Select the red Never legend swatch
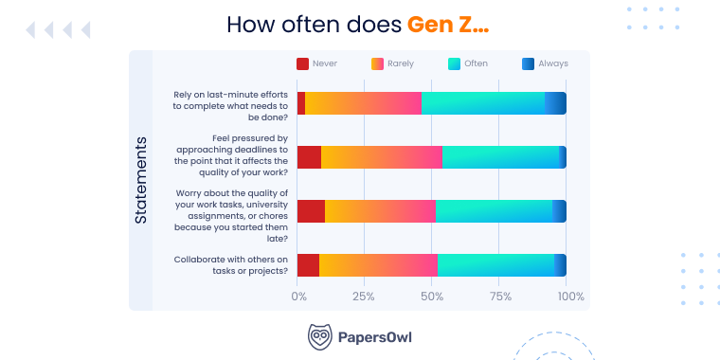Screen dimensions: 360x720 click(302, 64)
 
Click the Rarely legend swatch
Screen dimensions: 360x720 click(377, 64)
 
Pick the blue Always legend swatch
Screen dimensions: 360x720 click(529, 64)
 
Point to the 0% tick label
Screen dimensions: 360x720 click(298, 297)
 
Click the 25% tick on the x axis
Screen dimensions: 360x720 click(364, 297)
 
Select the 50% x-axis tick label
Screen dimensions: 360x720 click(432, 297)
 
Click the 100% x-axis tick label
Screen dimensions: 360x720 click(570, 297)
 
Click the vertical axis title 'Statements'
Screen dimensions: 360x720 click(140, 180)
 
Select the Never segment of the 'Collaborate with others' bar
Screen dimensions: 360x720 click(308, 265)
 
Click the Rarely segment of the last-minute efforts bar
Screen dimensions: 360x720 click(364, 103)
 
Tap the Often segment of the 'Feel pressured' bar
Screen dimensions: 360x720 click(500, 157)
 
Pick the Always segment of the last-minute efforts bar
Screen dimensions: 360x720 click(556, 103)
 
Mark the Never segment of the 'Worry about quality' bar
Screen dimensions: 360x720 click(311, 211)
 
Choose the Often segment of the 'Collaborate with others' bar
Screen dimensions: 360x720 click(495, 265)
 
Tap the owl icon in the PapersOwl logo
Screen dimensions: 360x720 click(319, 336)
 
